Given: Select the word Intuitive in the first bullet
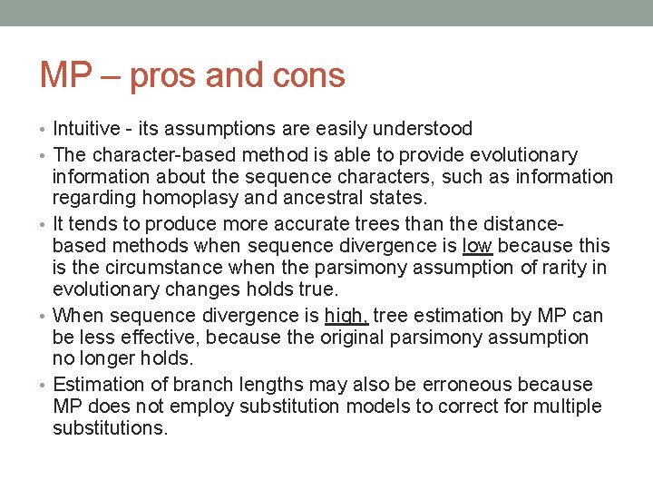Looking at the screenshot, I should [x=88, y=129].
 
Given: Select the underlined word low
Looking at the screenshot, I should [x=477, y=246].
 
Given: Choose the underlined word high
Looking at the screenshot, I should [x=346, y=316].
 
